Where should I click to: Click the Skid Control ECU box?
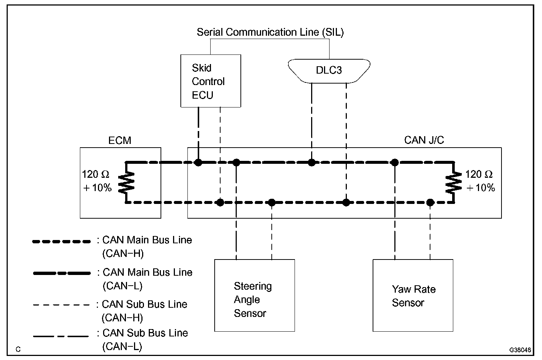(211, 81)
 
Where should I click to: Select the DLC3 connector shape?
(329, 70)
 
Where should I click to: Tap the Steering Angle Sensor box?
(254, 295)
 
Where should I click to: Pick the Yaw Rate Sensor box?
(413, 295)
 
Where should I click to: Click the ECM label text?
(120, 140)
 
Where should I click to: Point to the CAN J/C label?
(424, 140)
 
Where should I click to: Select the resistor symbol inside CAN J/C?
(453, 182)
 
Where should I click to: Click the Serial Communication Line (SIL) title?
(270, 32)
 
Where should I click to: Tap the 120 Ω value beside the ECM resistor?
(95, 174)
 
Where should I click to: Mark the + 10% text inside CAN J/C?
(481, 188)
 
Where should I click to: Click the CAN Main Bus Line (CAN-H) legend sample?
(61, 242)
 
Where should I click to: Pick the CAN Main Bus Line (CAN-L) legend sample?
(61, 273)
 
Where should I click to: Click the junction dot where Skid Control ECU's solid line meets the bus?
(198, 162)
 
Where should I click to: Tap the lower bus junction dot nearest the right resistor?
(430, 202)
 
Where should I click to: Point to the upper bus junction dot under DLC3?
(312, 162)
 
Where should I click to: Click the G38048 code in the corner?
(520, 349)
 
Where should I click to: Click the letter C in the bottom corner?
(18, 349)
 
